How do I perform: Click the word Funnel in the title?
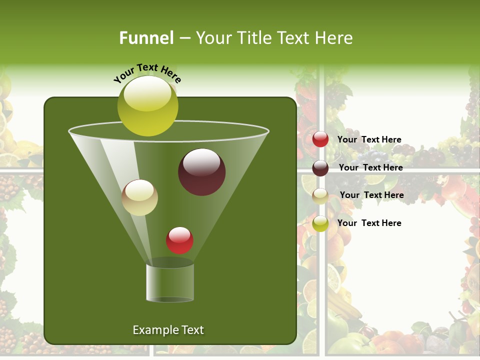146,37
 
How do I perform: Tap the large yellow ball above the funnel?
147,105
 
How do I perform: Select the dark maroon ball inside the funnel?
201,172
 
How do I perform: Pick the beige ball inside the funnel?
140,197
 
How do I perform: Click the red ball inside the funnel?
179,240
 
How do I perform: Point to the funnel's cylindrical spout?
170,282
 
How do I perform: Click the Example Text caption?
168,330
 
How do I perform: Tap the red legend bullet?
320,139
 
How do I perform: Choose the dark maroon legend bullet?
320,168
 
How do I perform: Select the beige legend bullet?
320,196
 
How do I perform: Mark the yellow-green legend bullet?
320,223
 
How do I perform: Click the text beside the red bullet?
369,139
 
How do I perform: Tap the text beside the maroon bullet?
370,167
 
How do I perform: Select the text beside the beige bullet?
371,195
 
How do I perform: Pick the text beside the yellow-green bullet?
369,223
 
